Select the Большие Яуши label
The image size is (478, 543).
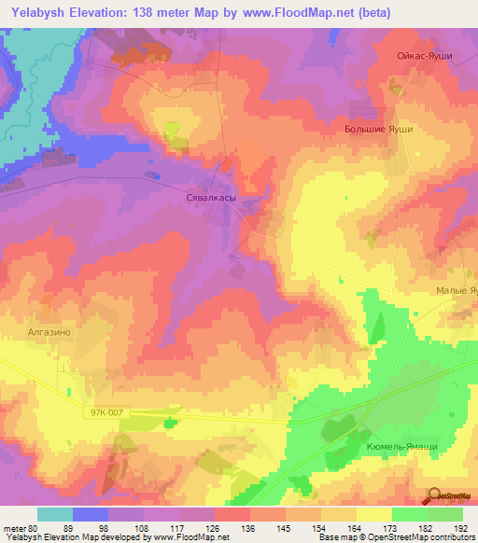click(x=378, y=131)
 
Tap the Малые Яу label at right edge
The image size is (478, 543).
click(x=457, y=291)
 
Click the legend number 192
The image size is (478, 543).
click(x=461, y=527)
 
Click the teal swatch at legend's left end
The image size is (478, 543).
click(x=54, y=514)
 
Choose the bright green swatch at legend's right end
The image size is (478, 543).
click(x=444, y=514)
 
